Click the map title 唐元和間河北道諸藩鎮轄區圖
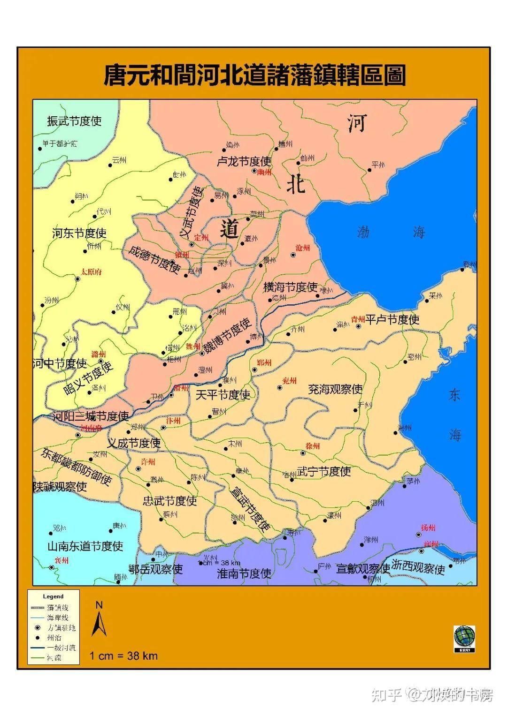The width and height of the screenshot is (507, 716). point(254,75)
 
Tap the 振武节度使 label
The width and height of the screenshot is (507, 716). point(74,121)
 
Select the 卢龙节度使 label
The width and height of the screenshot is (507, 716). point(244,162)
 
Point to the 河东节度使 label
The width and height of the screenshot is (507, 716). point(79,233)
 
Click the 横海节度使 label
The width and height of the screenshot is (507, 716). point(290,287)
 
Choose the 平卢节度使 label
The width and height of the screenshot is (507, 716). point(392,320)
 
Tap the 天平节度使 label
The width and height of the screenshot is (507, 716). point(223,395)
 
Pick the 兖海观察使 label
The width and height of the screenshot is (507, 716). point(335,389)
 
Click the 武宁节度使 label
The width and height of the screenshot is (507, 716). point(323,471)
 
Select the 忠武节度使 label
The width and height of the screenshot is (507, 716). point(169,501)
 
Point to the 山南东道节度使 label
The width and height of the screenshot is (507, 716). point(85,546)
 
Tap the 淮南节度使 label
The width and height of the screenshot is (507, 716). point(244,573)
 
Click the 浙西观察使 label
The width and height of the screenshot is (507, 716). point(418,568)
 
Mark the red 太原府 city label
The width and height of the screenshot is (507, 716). point(91,271)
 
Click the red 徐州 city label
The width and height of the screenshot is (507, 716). point(312,446)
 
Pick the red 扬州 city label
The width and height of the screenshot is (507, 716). point(428,528)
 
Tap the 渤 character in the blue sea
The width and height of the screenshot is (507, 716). point(363,232)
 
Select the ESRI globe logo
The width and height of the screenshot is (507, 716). point(464,638)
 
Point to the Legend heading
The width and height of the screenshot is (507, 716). point(53,596)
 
